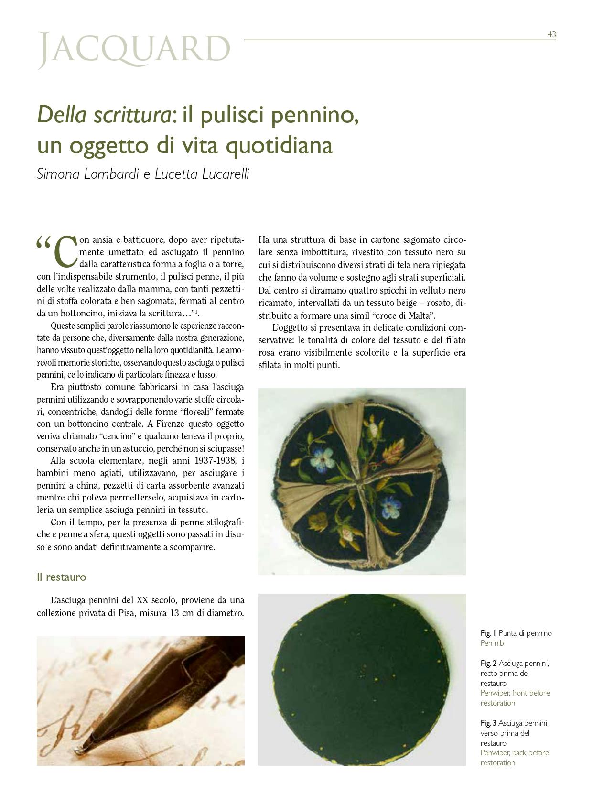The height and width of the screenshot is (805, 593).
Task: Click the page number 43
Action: (x=551, y=34)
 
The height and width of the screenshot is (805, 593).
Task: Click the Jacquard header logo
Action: (x=134, y=50)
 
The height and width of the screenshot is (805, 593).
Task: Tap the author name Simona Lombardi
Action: (x=88, y=174)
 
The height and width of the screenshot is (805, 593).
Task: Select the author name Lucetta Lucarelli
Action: (x=202, y=174)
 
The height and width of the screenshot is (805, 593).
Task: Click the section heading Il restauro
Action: (x=62, y=577)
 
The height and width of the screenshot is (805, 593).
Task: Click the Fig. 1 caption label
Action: (x=488, y=633)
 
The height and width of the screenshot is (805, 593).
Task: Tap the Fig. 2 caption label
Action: (x=488, y=664)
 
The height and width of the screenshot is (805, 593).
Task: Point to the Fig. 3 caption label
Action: (x=488, y=723)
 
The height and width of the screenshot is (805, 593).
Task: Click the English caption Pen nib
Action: (x=492, y=643)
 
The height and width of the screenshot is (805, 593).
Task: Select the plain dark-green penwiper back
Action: (x=361, y=679)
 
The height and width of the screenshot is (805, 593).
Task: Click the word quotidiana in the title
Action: (x=279, y=146)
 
